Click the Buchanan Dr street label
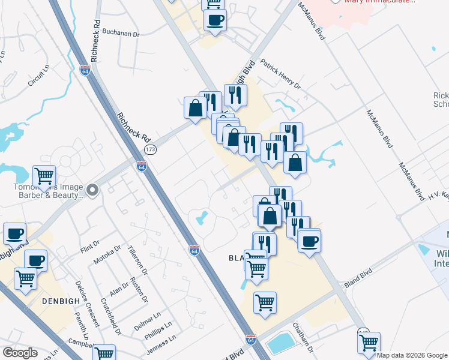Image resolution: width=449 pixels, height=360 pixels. [121, 34]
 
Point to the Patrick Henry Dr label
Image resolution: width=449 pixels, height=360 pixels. [279, 74]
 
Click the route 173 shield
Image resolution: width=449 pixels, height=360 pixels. [150, 149]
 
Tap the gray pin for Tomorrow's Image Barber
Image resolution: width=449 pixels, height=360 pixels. [92, 191]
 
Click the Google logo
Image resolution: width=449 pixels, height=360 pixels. [20, 352]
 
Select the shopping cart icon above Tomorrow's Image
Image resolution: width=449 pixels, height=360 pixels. [44, 176]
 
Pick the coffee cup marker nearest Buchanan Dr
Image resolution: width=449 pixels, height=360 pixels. [215, 20]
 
